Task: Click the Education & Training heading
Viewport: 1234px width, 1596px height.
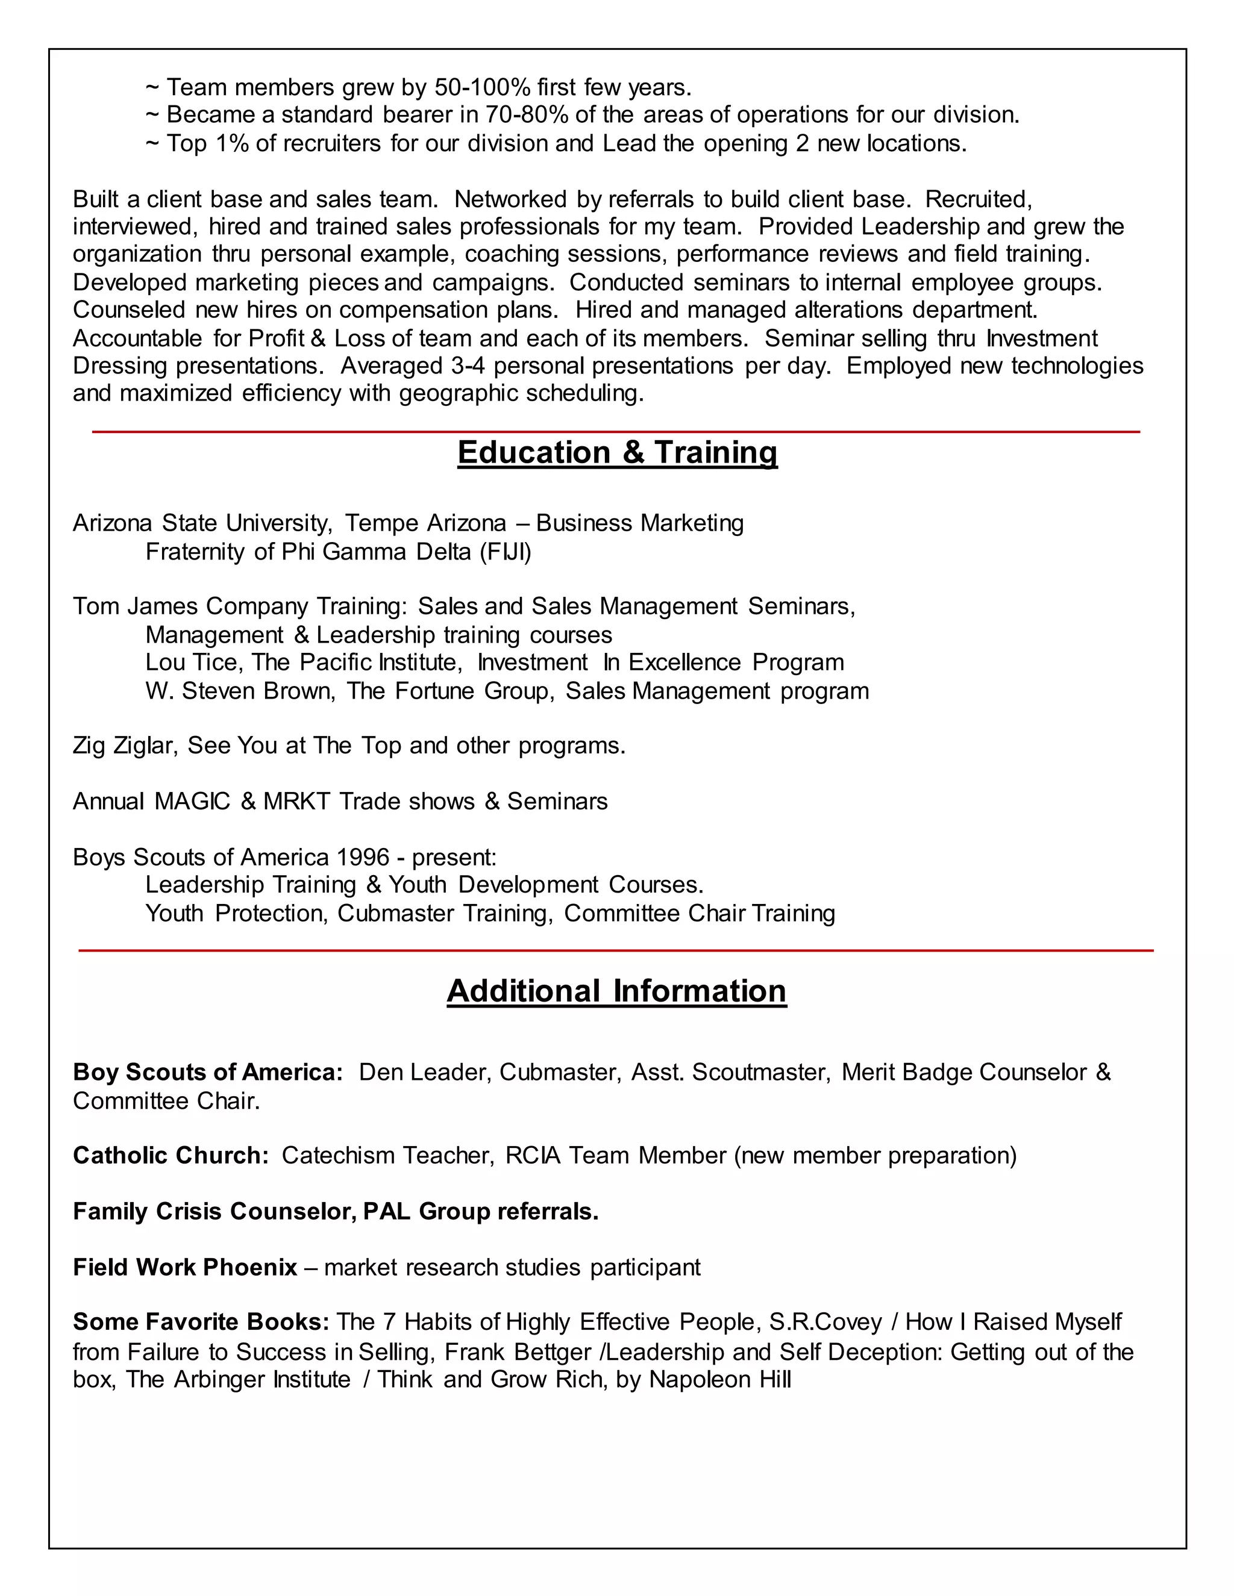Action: coord(617,452)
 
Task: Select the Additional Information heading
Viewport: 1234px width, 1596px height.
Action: coord(616,991)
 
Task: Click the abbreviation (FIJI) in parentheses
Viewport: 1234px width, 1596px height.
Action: coord(505,552)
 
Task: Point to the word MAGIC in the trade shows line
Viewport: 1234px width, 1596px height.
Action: coord(192,802)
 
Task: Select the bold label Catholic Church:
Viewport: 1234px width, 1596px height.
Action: coord(171,1155)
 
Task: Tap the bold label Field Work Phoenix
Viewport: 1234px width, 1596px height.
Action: coord(185,1267)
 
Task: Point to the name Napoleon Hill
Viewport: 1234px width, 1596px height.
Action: coord(719,1380)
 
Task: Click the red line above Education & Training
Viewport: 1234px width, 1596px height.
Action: coord(616,432)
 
